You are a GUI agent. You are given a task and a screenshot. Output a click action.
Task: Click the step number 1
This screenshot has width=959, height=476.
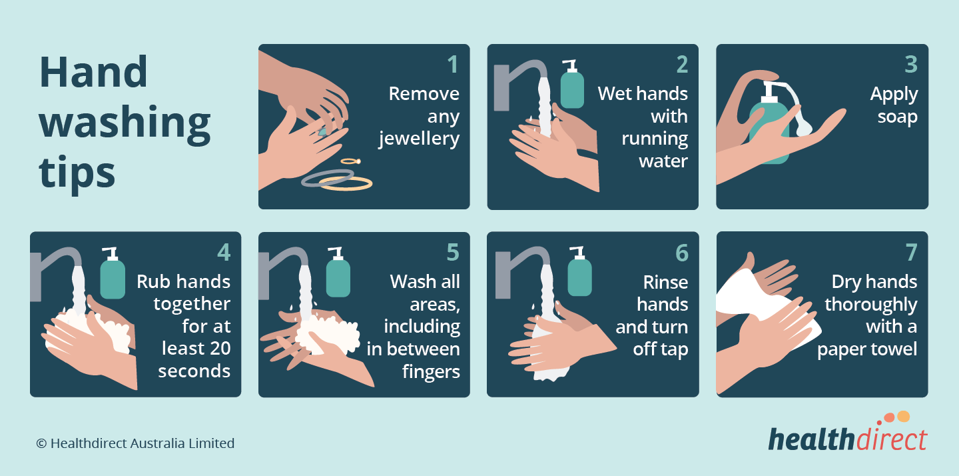453,65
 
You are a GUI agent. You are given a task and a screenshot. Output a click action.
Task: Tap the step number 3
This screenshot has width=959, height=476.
911,65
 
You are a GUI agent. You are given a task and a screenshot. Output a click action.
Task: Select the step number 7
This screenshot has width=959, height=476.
912,253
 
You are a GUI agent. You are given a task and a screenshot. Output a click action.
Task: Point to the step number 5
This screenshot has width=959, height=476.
453,253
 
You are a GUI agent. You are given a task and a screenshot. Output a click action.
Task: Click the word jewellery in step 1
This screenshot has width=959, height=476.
419,139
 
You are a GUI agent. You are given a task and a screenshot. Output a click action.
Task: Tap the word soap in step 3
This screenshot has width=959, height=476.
897,117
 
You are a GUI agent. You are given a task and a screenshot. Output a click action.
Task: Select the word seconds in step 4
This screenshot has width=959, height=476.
194,371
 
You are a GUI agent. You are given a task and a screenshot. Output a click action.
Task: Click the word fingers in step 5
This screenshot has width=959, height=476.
431,372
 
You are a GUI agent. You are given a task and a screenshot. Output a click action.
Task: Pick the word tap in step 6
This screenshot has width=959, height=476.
674,349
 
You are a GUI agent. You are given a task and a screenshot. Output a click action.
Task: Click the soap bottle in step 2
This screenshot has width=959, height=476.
572,84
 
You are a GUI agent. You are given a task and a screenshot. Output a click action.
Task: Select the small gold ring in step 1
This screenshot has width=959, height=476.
350,161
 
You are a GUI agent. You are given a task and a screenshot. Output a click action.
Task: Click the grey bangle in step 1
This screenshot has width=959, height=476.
328,178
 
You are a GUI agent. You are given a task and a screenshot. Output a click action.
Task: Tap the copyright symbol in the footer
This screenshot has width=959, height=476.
41,443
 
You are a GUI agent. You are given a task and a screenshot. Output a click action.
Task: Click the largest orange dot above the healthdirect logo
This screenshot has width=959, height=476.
903,417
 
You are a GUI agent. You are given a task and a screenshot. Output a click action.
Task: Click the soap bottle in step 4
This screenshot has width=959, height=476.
113,273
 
